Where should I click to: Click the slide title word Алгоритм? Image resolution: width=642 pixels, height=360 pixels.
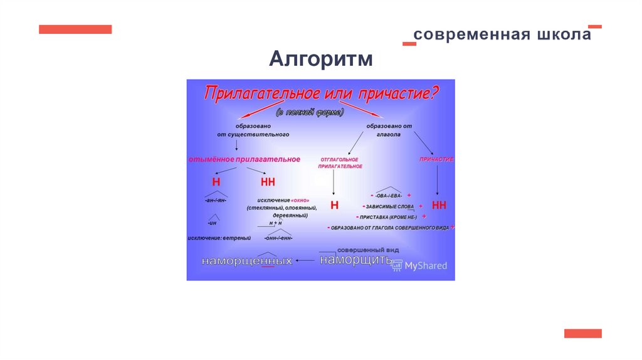[321, 60]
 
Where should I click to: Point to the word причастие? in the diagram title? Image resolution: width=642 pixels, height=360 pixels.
[399, 94]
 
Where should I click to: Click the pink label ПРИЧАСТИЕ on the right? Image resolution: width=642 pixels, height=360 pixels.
[436, 159]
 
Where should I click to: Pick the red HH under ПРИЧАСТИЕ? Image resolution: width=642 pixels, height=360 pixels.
[439, 205]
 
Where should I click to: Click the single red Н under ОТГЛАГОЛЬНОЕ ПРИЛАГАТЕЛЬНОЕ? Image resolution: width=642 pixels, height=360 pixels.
[334, 204]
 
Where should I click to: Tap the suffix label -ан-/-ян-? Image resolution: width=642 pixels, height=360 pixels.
[216, 200]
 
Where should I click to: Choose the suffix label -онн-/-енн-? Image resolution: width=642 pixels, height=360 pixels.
[278, 238]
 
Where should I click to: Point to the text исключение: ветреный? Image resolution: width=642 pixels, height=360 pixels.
[219, 238]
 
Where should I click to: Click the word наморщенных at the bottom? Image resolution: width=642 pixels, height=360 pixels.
[247, 260]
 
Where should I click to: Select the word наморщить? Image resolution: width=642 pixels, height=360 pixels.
[355, 259]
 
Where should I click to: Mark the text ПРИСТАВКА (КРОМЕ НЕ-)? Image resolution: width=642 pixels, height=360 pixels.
[392, 216]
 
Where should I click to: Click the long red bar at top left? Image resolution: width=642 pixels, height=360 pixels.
[75, 29]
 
